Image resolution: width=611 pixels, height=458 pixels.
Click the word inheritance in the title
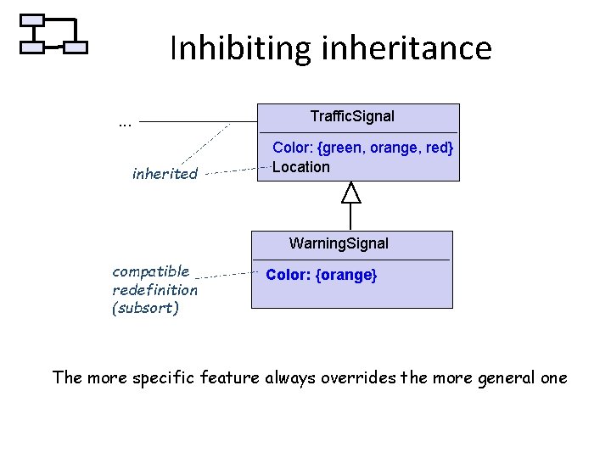[x=407, y=48]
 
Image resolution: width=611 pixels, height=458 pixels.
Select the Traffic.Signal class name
[x=351, y=115]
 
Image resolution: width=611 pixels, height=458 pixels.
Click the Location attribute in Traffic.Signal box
[x=301, y=167]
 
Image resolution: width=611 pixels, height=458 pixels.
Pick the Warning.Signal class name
[x=339, y=243]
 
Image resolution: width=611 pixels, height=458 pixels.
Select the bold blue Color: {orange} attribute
[x=322, y=276]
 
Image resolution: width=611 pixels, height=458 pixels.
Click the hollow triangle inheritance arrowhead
[x=350, y=193]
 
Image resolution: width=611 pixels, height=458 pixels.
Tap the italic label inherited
[x=165, y=175]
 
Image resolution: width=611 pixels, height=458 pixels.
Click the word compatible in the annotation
[x=151, y=271]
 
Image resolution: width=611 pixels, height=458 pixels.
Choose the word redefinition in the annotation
[x=154, y=290]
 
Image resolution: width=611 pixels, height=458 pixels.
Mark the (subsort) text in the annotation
[x=145, y=309]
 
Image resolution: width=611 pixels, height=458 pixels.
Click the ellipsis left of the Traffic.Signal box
[x=125, y=124]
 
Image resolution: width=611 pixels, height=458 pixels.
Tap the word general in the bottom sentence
[x=505, y=377]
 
